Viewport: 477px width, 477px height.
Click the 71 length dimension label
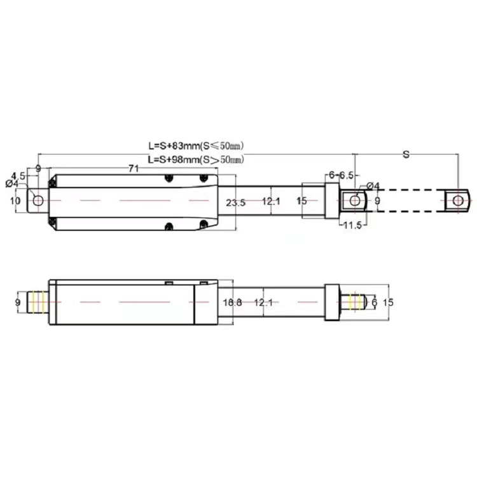coord(134,169)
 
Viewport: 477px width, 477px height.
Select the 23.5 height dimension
coord(236,202)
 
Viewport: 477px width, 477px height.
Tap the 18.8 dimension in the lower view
coord(233,302)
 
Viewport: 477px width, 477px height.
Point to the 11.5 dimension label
coord(352,225)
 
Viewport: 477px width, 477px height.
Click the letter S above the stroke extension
coord(406,155)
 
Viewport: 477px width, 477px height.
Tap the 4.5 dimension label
coord(18,176)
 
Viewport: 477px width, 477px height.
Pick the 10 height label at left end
coord(15,201)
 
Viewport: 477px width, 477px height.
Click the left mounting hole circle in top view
coord(38,200)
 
